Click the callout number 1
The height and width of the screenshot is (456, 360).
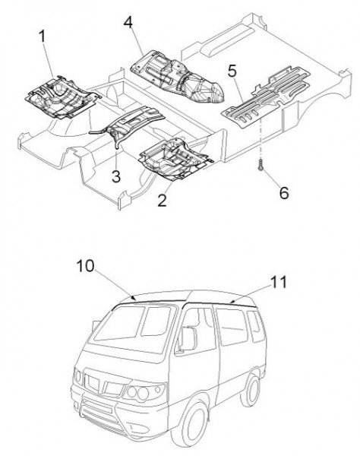pyautogui.click(x=43, y=36)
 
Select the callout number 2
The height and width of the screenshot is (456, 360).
pyautogui.click(x=162, y=200)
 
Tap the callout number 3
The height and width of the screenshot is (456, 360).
pyautogui.click(x=116, y=176)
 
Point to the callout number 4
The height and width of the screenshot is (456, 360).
pyautogui.click(x=128, y=22)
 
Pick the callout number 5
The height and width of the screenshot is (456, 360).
pyautogui.click(x=232, y=71)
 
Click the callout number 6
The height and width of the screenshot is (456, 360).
pyautogui.click(x=284, y=193)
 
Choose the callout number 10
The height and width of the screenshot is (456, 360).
pyautogui.click(x=85, y=266)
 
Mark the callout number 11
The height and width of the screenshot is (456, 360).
pyautogui.click(x=278, y=282)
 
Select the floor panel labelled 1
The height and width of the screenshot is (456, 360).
pyautogui.click(x=63, y=97)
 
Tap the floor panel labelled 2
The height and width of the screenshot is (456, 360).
pyautogui.click(x=175, y=159)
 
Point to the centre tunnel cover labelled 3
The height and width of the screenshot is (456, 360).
pyautogui.click(x=128, y=124)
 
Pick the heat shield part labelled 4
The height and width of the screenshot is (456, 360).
pyautogui.click(x=177, y=77)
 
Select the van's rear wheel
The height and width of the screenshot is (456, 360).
pyautogui.click(x=251, y=389)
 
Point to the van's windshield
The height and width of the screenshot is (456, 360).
pyautogui.click(x=134, y=327)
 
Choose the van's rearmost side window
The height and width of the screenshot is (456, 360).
pyautogui.click(x=255, y=327)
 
